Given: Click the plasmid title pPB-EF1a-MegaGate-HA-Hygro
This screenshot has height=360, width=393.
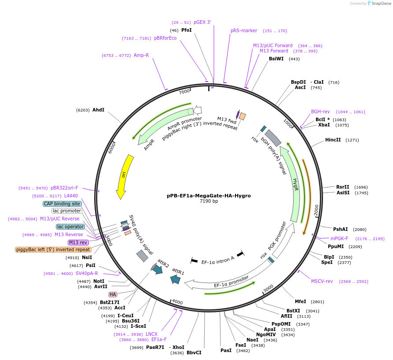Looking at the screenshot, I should coord(209,196).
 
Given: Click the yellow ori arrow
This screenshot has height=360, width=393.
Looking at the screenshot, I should coord(125,176).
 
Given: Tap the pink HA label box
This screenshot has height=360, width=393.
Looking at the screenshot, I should coord(113,294).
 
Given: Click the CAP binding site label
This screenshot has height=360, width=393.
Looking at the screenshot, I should coord(62,204).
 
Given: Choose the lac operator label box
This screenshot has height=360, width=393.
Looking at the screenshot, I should coord(70,226).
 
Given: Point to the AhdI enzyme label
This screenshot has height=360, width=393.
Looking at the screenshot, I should coord(98,110).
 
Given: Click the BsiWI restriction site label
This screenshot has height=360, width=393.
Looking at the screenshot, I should coord(276,59).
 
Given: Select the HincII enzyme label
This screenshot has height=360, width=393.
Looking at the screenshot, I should coord(333,140).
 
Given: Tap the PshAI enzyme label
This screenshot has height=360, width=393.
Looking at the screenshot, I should coord(340,229).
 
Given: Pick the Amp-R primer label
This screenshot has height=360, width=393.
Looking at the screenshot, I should coord(141,56).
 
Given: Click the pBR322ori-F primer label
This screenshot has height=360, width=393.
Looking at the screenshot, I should coord(64,188).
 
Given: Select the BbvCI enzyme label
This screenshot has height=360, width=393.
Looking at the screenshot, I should coord(194,353).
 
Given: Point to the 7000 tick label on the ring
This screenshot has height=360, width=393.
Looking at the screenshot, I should coord(184,91).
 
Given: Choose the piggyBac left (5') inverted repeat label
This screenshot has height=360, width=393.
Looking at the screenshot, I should coord(53,249).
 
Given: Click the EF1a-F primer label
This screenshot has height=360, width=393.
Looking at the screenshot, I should coord(159,339).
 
